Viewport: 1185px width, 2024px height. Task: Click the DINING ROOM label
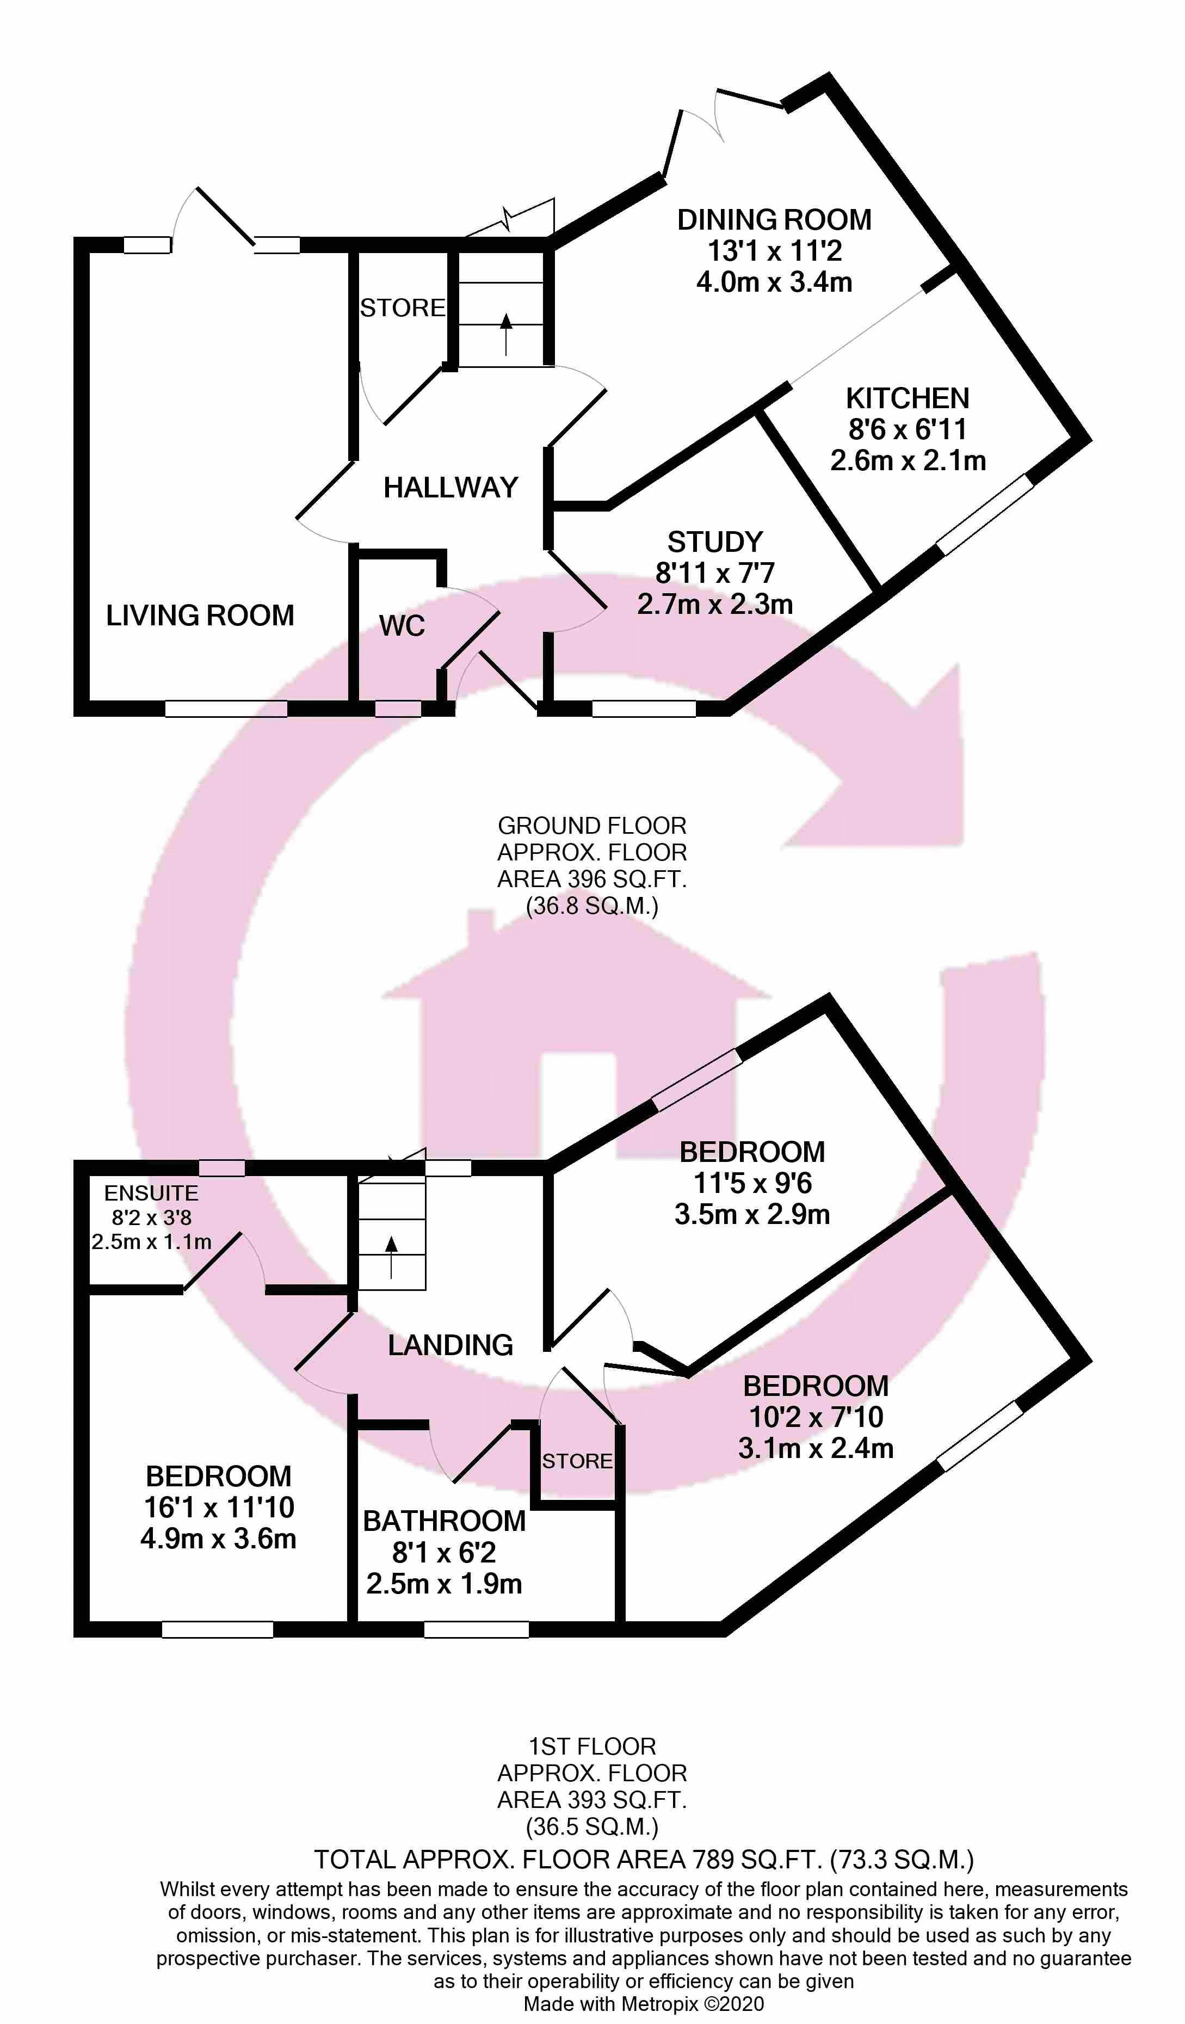[774, 219]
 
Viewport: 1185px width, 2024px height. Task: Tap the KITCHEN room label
[907, 398]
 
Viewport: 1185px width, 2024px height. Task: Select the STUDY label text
[714, 542]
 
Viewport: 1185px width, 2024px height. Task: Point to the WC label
[402, 626]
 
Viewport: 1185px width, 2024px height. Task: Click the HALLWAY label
[450, 488]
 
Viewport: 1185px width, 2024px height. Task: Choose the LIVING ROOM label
[200, 615]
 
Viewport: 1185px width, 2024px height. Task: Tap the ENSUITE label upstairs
[151, 1193]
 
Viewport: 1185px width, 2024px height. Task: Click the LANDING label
[450, 1345]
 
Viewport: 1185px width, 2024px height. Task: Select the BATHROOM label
[444, 1521]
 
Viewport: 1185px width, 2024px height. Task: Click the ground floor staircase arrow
[506, 333]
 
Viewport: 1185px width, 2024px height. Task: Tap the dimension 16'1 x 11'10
[218, 1508]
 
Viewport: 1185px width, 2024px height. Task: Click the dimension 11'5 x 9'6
[752, 1183]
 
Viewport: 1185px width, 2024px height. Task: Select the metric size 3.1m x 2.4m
[816, 1448]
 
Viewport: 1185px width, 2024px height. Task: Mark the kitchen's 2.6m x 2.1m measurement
[907, 461]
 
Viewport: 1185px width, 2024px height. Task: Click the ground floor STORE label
[402, 307]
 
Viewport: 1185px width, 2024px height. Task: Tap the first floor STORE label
[576, 1461]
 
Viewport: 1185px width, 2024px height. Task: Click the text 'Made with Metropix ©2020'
[643, 2004]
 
